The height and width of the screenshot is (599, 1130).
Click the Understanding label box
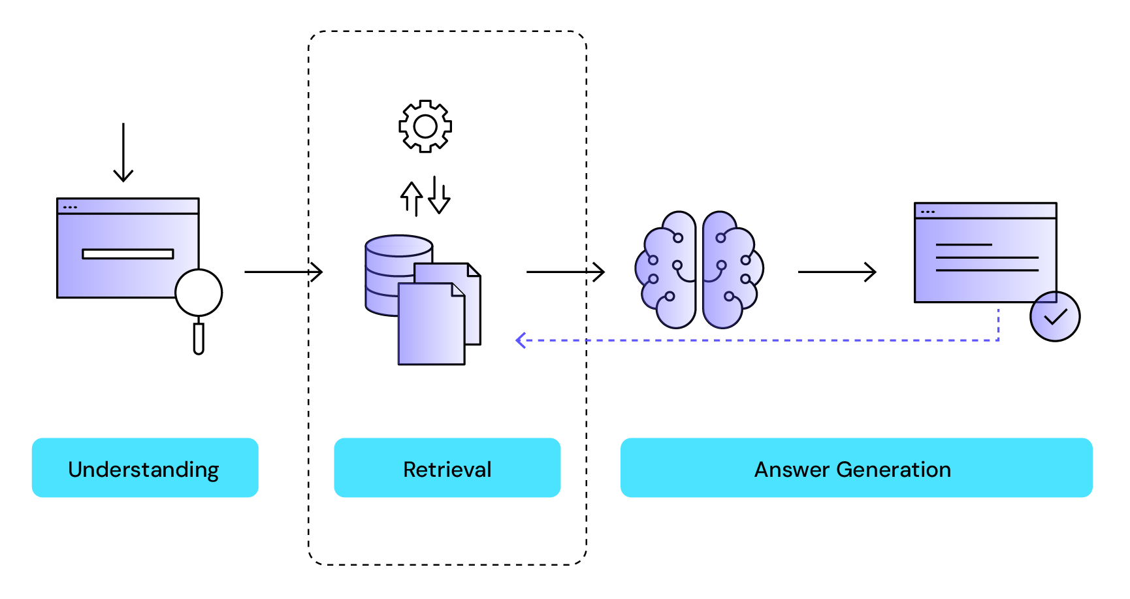point(144,468)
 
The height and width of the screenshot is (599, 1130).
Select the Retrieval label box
point(447,468)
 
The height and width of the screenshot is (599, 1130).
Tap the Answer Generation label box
point(856,468)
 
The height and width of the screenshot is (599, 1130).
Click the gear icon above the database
point(425,126)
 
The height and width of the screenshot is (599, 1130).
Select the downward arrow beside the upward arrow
point(439,195)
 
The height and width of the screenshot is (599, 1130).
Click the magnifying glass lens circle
point(199,293)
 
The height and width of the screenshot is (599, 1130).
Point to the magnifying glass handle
point(199,338)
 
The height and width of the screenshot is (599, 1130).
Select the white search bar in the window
point(128,253)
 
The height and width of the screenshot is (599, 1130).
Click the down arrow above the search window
point(123,154)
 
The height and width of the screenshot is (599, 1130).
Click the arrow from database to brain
point(565,271)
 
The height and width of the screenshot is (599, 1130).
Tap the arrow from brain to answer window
point(837,272)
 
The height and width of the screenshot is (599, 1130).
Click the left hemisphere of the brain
point(666,269)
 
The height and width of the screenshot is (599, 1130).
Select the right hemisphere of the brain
point(731,269)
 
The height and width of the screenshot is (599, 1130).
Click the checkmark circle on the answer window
point(1055,317)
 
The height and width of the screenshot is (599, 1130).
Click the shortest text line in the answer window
point(963,245)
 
